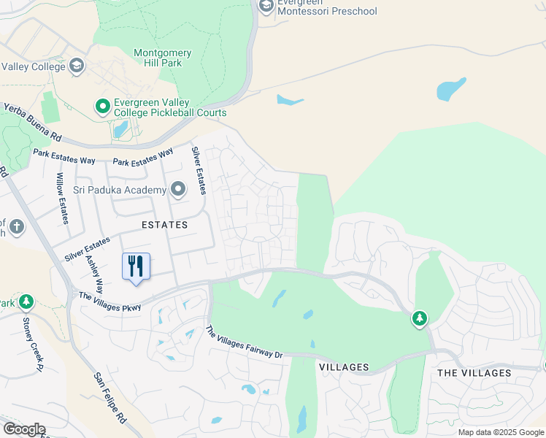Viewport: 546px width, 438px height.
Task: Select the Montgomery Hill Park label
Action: (x=163, y=58)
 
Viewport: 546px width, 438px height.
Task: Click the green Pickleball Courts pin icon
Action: (x=103, y=107)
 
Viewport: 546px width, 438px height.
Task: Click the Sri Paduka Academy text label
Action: (x=120, y=191)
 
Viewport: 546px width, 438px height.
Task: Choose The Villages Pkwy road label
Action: (x=109, y=301)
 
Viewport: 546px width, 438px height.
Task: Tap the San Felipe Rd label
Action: (x=112, y=399)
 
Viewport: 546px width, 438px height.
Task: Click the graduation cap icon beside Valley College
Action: (x=76, y=66)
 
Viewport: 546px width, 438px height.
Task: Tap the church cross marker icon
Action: (x=16, y=228)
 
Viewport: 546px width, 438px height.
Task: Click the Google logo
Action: (x=23, y=429)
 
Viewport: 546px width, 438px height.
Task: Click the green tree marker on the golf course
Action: (x=420, y=319)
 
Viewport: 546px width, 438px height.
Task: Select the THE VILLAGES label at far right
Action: (x=474, y=373)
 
